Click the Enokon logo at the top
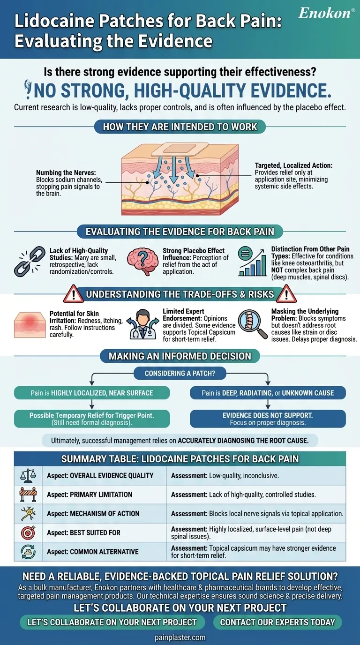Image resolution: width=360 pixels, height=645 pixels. coord(325,14)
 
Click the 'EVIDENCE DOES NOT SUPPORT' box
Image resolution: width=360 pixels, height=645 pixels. coord(268,419)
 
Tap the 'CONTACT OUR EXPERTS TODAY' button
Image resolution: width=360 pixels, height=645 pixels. coord(277,622)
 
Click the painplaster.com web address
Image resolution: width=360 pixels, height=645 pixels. coord(180,637)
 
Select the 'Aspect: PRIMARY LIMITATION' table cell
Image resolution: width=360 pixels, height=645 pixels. coord(104,495)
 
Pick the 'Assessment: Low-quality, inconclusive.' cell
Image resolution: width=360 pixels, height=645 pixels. coord(256,475)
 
